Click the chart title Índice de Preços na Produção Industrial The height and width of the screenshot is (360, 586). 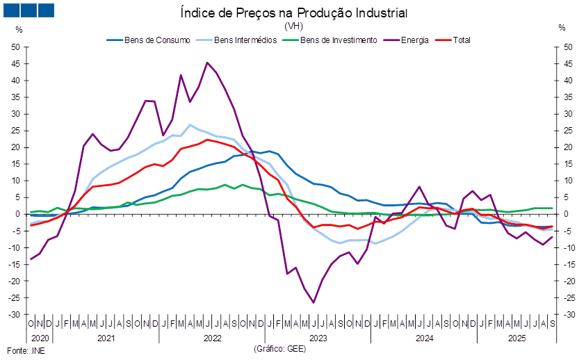point(293,13)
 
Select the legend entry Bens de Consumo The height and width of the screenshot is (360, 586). point(157,40)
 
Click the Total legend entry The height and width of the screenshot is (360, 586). point(462,40)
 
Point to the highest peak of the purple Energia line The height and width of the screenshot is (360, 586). point(207,63)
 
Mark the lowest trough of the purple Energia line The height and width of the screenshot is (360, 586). point(314,302)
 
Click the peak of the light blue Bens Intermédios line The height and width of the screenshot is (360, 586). point(190,125)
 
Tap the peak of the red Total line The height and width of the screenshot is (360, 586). point(207,140)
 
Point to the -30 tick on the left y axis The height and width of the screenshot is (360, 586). point(15,315)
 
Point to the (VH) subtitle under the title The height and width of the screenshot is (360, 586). point(293,26)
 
